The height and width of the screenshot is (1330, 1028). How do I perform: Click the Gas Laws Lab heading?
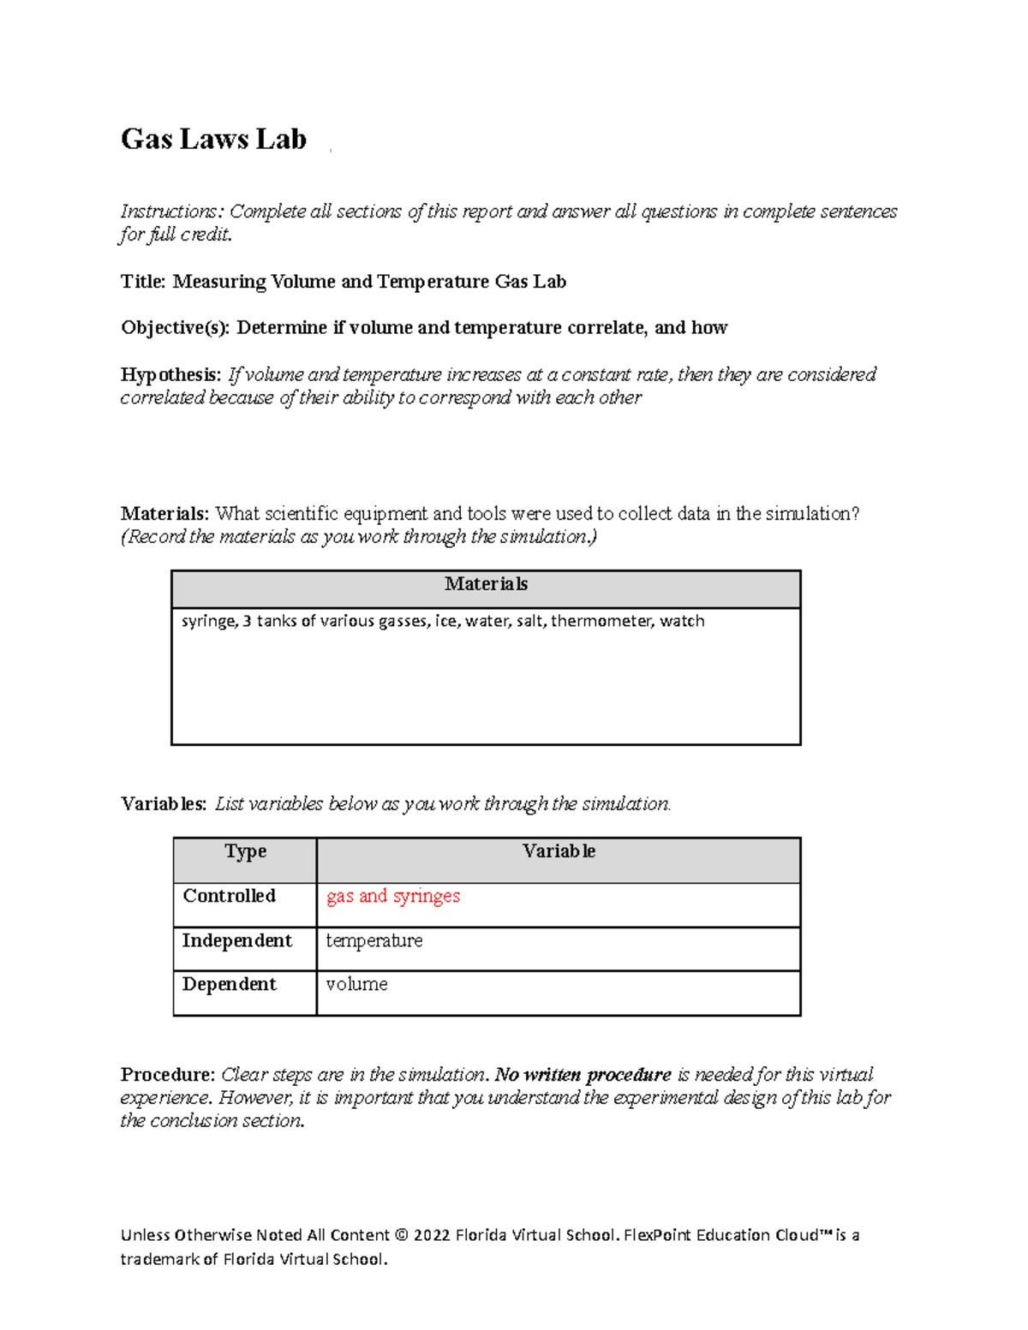tap(213, 139)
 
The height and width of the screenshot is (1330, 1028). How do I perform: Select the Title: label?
tap(143, 282)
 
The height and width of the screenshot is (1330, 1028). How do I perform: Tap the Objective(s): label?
tap(175, 328)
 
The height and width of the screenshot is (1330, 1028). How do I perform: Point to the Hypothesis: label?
tap(170, 375)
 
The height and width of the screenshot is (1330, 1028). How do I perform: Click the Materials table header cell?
tap(486, 585)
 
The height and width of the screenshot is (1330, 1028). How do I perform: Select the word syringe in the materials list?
tap(208, 621)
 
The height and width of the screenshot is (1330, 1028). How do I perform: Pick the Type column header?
tap(245, 852)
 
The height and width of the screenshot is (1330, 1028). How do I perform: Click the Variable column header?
tap(559, 852)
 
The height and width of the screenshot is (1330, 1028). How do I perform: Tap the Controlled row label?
tap(229, 897)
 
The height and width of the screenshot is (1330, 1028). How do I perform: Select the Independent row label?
tap(236, 941)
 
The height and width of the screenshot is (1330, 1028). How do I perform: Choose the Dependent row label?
tap(229, 985)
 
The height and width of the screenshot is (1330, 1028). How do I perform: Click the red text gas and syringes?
tap(393, 897)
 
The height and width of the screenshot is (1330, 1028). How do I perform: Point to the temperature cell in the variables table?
tap(374, 941)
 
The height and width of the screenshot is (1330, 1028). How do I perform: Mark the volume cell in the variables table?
tap(356, 985)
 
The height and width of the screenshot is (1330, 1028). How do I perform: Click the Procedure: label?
tap(167, 1075)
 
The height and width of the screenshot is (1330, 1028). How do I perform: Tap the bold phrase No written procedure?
tap(583, 1075)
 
